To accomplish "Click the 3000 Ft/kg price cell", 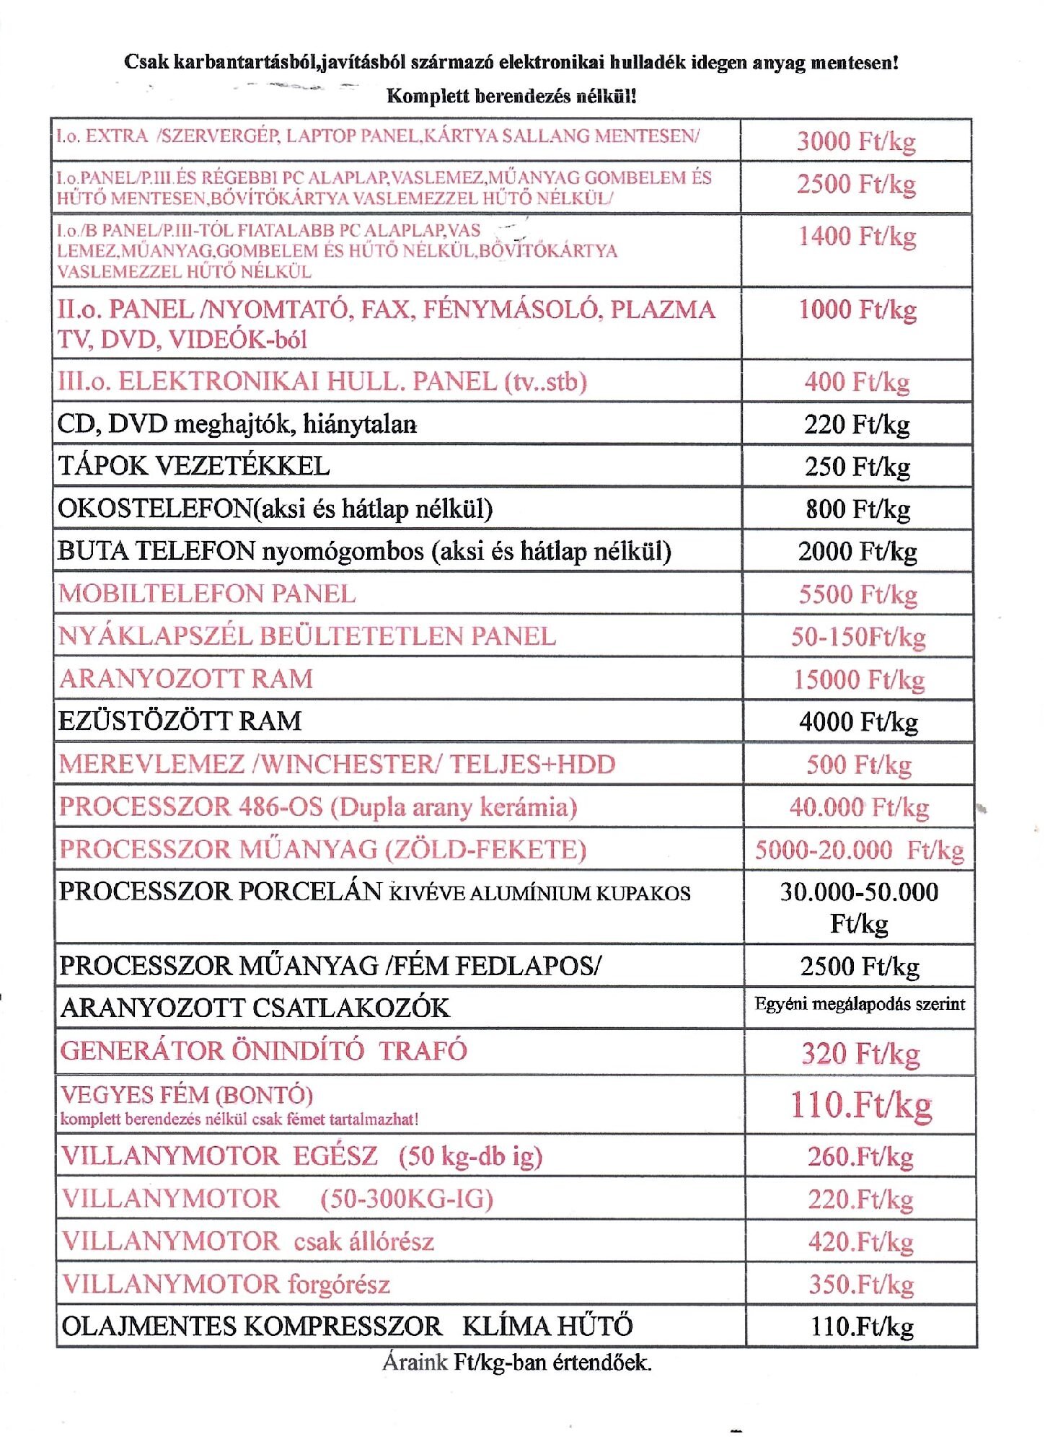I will [x=856, y=141].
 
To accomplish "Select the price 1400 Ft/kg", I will [x=857, y=236].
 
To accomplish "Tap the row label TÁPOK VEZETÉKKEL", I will [x=194, y=466].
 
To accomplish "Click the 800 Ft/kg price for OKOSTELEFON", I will [x=857, y=509].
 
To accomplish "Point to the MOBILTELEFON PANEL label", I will [x=207, y=594].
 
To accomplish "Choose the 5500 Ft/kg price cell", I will [x=857, y=594].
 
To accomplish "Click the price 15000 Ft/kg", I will [x=858, y=679].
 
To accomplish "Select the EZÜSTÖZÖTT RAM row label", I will [x=180, y=721].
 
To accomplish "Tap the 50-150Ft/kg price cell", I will [x=858, y=637].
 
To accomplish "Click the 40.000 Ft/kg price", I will [x=859, y=807].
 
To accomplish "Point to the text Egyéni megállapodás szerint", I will [x=860, y=1004].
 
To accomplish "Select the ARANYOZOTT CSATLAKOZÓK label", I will [x=255, y=1008].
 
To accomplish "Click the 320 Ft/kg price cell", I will [x=860, y=1054].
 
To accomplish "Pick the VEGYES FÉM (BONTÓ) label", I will [x=187, y=1095].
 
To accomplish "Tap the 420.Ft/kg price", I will [x=860, y=1242].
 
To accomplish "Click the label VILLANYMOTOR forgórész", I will [x=226, y=1285].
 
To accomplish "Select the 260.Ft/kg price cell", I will [x=860, y=1157].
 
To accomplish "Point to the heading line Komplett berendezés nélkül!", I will [x=511, y=96].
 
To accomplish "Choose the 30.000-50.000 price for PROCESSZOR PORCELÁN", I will [x=859, y=892].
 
